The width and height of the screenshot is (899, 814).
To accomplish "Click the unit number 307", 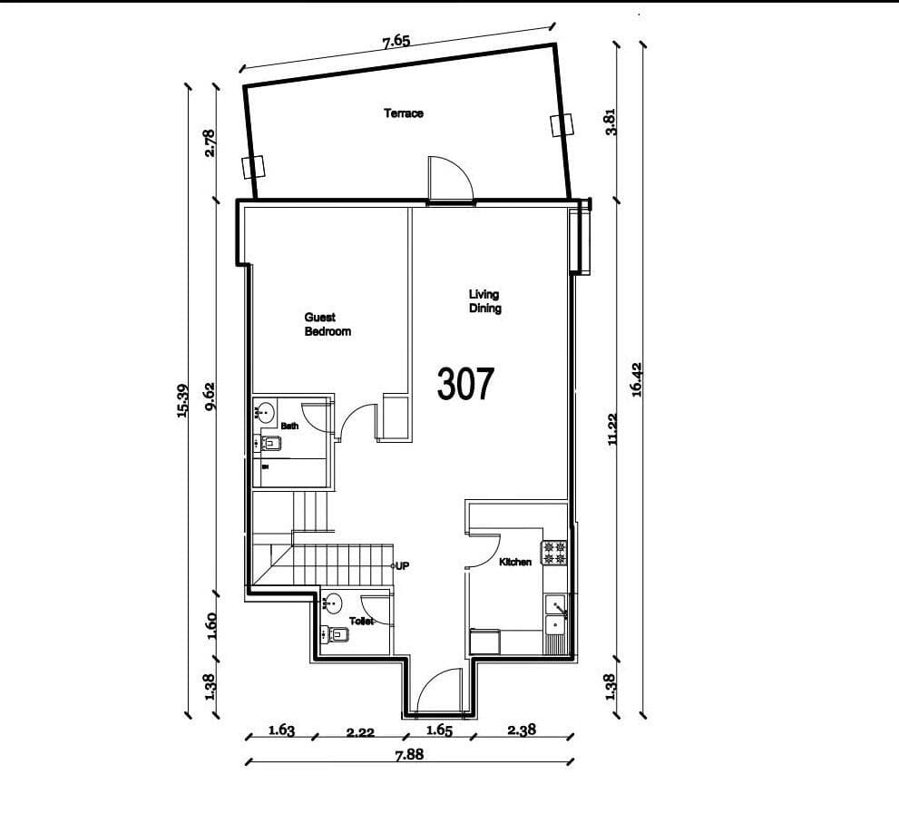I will click(x=465, y=384).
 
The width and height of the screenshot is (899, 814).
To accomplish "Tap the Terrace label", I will click(x=404, y=113).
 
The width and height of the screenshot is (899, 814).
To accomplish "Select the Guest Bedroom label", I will click(x=327, y=325).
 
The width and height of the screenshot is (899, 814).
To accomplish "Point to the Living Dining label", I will click(x=484, y=301).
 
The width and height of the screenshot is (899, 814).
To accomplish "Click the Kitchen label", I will click(x=515, y=563).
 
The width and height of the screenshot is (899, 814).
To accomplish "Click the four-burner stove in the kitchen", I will click(x=554, y=553).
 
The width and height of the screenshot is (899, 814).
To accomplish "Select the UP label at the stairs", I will click(x=402, y=565).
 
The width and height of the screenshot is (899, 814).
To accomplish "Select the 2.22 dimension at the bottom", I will click(x=360, y=731).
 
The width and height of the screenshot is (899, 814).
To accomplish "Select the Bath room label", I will click(x=289, y=426).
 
